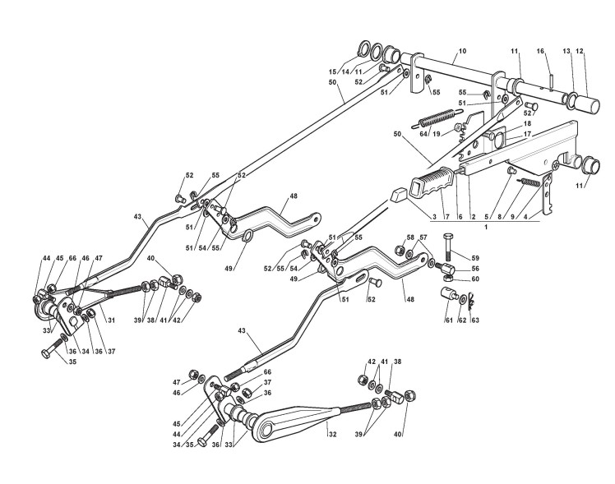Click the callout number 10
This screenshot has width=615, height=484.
pos(462,51)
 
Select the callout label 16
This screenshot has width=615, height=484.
pos(541,51)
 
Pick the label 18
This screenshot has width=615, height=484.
pos(527,122)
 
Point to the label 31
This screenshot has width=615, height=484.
pos(110,320)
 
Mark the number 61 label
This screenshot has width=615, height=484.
pos(449,320)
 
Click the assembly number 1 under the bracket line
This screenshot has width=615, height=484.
pos(486,225)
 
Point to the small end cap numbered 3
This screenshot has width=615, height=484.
pos(398,196)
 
